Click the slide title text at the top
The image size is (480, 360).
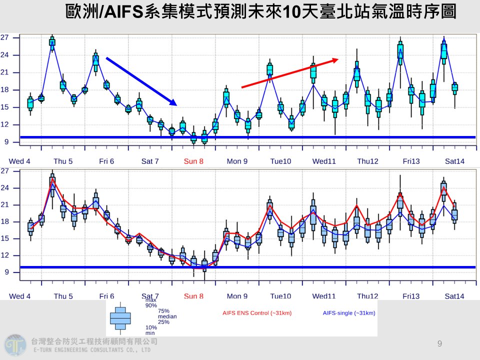pos(260,12)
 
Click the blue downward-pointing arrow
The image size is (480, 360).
pos(141,81)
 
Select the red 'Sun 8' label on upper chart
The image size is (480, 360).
pos(193,161)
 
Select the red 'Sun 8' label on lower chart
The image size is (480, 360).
pos(193,296)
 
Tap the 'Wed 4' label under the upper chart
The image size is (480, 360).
pos(19,161)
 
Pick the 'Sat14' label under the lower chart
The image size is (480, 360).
pos(454,296)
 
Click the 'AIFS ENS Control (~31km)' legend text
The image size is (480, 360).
pos(257,313)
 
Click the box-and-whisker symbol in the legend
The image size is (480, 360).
pos(120,318)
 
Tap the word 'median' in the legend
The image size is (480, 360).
pos(167,316)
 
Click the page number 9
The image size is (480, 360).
pos(439,343)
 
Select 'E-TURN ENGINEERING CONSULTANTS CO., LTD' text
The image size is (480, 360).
pos(92,350)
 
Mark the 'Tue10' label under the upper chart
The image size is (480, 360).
pos(280,161)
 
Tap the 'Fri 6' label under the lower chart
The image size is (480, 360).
pos(106,296)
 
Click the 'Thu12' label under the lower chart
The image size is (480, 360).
pos(367,296)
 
